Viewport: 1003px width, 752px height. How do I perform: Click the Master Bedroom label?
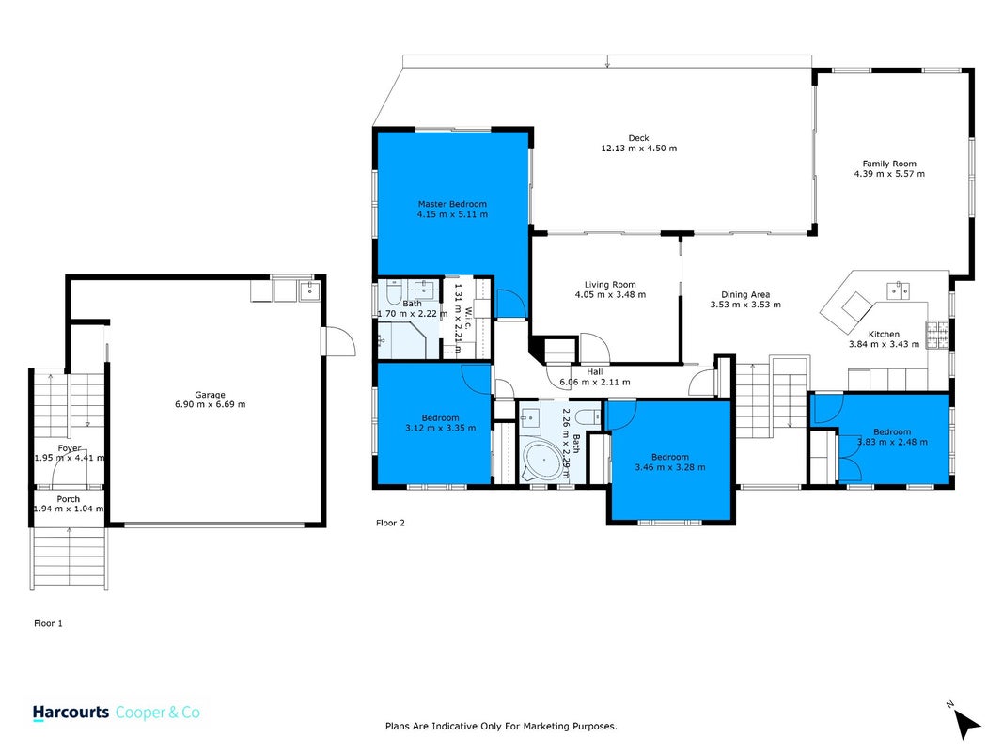tap(452, 204)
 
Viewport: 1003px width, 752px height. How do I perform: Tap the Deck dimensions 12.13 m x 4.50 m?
tap(638, 149)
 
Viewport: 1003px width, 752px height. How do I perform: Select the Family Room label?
tap(889, 164)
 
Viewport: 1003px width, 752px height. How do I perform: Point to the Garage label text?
tap(210, 395)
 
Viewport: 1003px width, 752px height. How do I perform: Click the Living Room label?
tap(610, 285)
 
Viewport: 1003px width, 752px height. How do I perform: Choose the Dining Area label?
tap(745, 295)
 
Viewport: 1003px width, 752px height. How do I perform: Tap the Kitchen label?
tap(884, 334)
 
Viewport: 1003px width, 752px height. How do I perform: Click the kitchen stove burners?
tap(938, 335)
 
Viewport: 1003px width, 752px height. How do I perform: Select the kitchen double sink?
tap(899, 290)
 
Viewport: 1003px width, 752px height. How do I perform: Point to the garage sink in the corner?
tap(309, 291)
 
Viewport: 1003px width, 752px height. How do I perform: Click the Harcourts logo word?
tap(71, 713)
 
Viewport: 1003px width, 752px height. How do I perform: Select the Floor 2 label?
tap(390, 523)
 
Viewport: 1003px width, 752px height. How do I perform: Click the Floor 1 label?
tap(49, 623)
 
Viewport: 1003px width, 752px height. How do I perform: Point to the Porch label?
tap(69, 499)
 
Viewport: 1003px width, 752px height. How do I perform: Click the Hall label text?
tap(595, 371)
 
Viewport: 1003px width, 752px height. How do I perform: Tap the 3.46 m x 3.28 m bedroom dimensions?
tap(670, 467)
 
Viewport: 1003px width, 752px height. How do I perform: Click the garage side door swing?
tap(339, 341)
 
